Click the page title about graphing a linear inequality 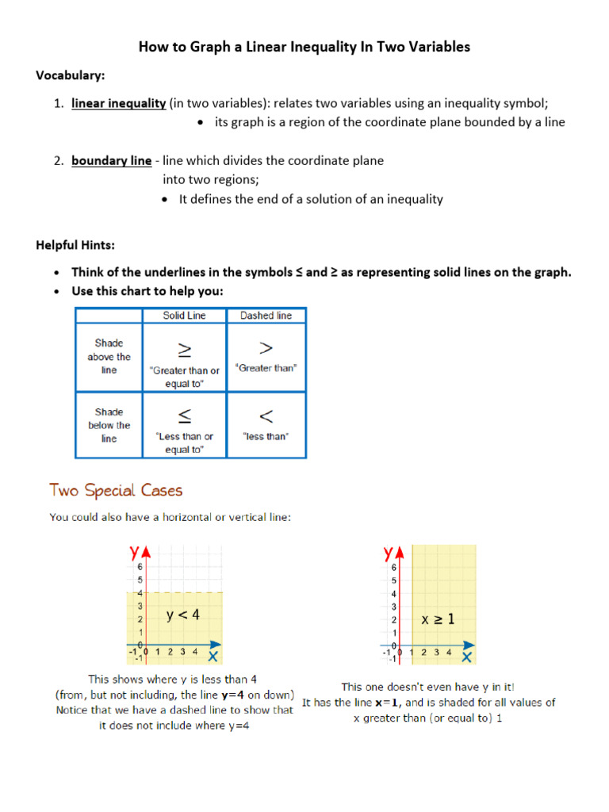(304, 48)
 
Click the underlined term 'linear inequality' (118, 103)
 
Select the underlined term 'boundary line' (111, 161)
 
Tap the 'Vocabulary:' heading (71, 75)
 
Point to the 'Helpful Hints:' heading (75, 245)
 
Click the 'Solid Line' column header (184, 316)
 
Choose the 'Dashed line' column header (266, 316)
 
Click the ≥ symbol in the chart (182, 350)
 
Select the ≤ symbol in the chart (182, 416)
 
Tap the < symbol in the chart (266, 416)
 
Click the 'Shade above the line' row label (109, 357)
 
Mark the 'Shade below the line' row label (109, 425)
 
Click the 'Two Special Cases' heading (116, 490)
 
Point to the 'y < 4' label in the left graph (183, 615)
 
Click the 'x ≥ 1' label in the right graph (438, 620)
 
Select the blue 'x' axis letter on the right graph (467, 657)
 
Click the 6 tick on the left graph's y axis (140, 567)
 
